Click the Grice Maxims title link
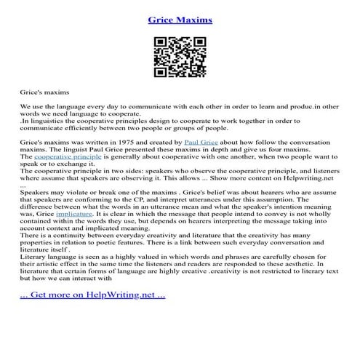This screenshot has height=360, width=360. pos(180,20)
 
